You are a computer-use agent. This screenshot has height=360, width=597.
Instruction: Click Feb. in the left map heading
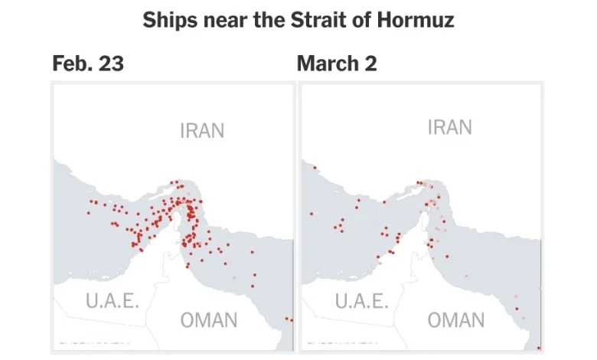pyautogui.click(x=70, y=64)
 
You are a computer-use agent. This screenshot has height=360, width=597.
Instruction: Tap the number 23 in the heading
pyautogui.click(x=110, y=64)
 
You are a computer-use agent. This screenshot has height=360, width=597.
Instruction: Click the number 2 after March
pyautogui.click(x=371, y=64)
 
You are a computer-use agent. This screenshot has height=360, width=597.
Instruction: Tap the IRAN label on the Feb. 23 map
pyautogui.click(x=202, y=130)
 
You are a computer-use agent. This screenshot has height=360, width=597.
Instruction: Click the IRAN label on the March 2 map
pyautogui.click(x=449, y=127)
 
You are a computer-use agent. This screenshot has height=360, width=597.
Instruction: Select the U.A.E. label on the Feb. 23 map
pyautogui.click(x=113, y=300)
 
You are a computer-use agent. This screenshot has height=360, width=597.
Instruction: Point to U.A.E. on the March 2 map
pyautogui.click(x=360, y=300)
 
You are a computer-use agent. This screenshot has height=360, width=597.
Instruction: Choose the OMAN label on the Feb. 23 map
pyautogui.click(x=209, y=320)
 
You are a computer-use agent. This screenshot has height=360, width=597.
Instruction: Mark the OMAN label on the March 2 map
pyautogui.click(x=456, y=320)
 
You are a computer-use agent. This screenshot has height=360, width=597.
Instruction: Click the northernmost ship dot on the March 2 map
pyautogui.click(x=315, y=167)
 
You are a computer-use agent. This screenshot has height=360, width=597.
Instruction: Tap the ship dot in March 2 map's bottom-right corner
pyautogui.click(x=539, y=348)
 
